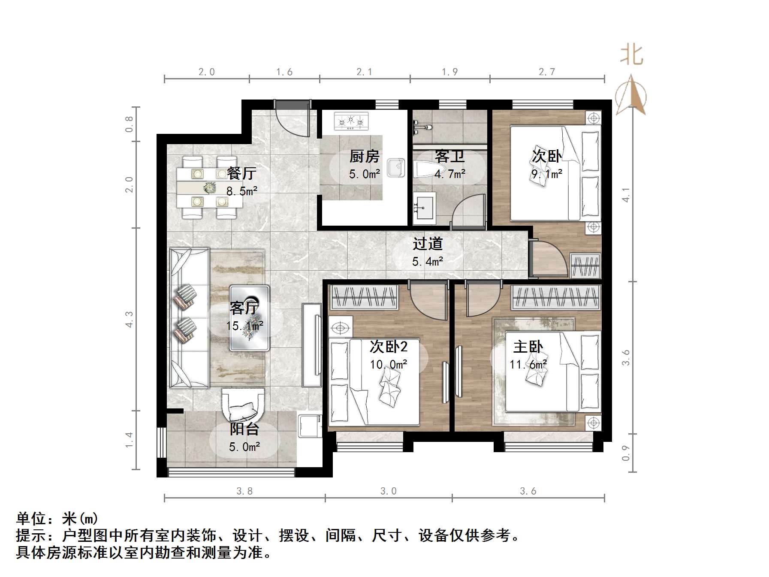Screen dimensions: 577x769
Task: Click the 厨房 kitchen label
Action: point(364,156)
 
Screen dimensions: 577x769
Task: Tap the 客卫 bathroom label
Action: point(449,156)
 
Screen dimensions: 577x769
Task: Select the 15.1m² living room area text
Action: point(244,326)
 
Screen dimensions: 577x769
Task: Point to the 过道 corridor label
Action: point(427,244)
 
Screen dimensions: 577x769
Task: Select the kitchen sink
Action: point(395,168)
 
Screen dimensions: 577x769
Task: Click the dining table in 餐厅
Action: point(209,188)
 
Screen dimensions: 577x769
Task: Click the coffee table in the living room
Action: point(249,318)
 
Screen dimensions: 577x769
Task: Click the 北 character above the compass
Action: point(631,55)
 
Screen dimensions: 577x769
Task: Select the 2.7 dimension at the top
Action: point(547,72)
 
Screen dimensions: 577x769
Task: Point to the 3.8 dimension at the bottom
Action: point(244,491)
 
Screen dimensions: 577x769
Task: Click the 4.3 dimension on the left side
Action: point(129,319)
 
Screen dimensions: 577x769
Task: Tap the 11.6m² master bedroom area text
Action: point(528,365)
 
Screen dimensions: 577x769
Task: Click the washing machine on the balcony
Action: point(310,425)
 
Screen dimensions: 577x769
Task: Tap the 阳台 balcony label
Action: point(244,429)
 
